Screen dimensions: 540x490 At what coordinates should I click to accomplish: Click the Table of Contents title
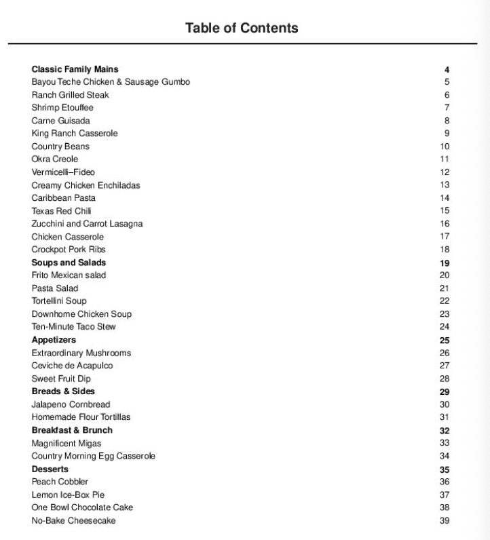pyautogui.click(x=241, y=28)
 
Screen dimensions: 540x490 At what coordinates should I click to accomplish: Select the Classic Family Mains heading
pyautogui.click(x=75, y=69)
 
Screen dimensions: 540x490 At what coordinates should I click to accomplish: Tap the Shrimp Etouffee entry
pyautogui.click(x=62, y=108)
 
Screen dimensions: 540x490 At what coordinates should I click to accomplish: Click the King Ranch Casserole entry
pyautogui.click(x=75, y=134)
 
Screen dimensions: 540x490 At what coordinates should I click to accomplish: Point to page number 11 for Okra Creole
pyautogui.click(x=445, y=159)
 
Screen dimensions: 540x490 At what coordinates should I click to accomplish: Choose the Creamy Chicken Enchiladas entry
pyautogui.click(x=86, y=185)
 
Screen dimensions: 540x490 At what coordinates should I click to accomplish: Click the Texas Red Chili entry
pyautogui.click(x=61, y=211)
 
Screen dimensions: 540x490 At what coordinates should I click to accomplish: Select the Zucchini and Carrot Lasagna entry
pyautogui.click(x=87, y=224)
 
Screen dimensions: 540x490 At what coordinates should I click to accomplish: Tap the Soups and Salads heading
pyautogui.click(x=69, y=263)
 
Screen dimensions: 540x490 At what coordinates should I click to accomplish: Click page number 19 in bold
pyautogui.click(x=445, y=263)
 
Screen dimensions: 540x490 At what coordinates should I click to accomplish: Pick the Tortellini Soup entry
pyautogui.click(x=59, y=301)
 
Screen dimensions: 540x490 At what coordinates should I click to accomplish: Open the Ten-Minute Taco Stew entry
pyautogui.click(x=73, y=327)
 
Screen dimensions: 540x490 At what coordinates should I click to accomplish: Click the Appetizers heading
pyautogui.click(x=54, y=340)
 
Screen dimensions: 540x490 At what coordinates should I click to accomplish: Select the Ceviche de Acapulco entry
pyautogui.click(x=72, y=366)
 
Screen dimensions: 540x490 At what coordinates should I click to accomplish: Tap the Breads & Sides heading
pyautogui.click(x=63, y=391)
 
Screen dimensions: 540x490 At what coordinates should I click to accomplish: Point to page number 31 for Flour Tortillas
pyautogui.click(x=445, y=417)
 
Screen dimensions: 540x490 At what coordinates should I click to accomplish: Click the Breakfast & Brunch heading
pyautogui.click(x=72, y=430)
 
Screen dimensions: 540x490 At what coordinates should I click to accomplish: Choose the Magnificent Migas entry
pyautogui.click(x=67, y=444)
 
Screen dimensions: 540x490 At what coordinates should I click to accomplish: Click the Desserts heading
pyautogui.click(x=50, y=469)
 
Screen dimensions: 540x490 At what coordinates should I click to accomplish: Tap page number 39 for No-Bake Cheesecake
pyautogui.click(x=445, y=521)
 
